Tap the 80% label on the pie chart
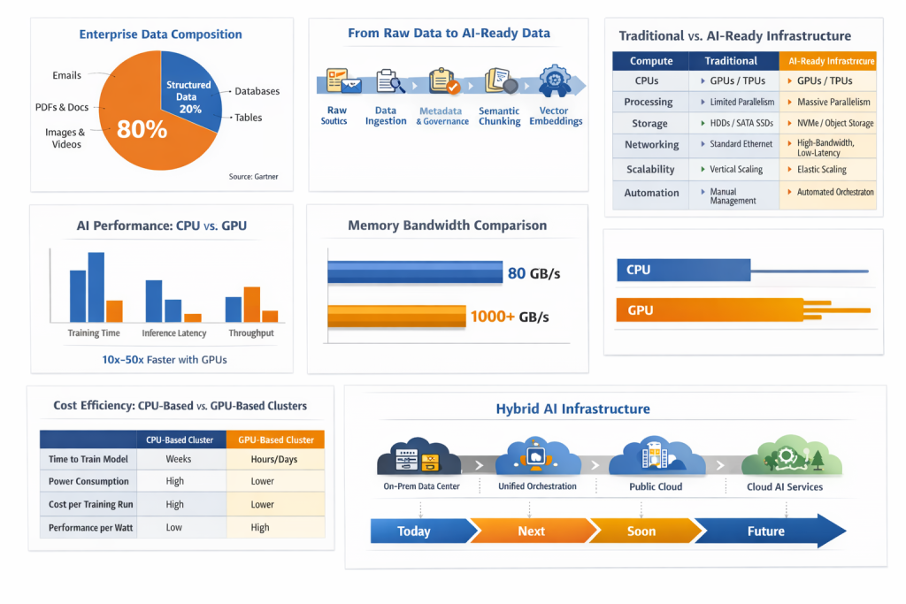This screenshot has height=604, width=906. [142, 129]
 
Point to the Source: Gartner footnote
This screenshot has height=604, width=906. [253, 177]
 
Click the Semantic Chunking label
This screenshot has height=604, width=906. [499, 116]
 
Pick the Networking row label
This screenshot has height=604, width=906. [652, 144]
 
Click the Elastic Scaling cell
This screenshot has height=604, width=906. [822, 169]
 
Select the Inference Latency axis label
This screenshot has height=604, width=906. [174, 333]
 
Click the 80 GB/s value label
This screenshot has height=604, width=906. [534, 273]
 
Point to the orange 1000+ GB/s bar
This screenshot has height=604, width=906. [396, 316]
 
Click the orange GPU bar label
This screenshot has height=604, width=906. [640, 310]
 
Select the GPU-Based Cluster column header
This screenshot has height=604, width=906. [275, 440]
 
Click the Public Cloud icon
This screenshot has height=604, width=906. [656, 456]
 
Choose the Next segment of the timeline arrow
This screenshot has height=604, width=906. [531, 531]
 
